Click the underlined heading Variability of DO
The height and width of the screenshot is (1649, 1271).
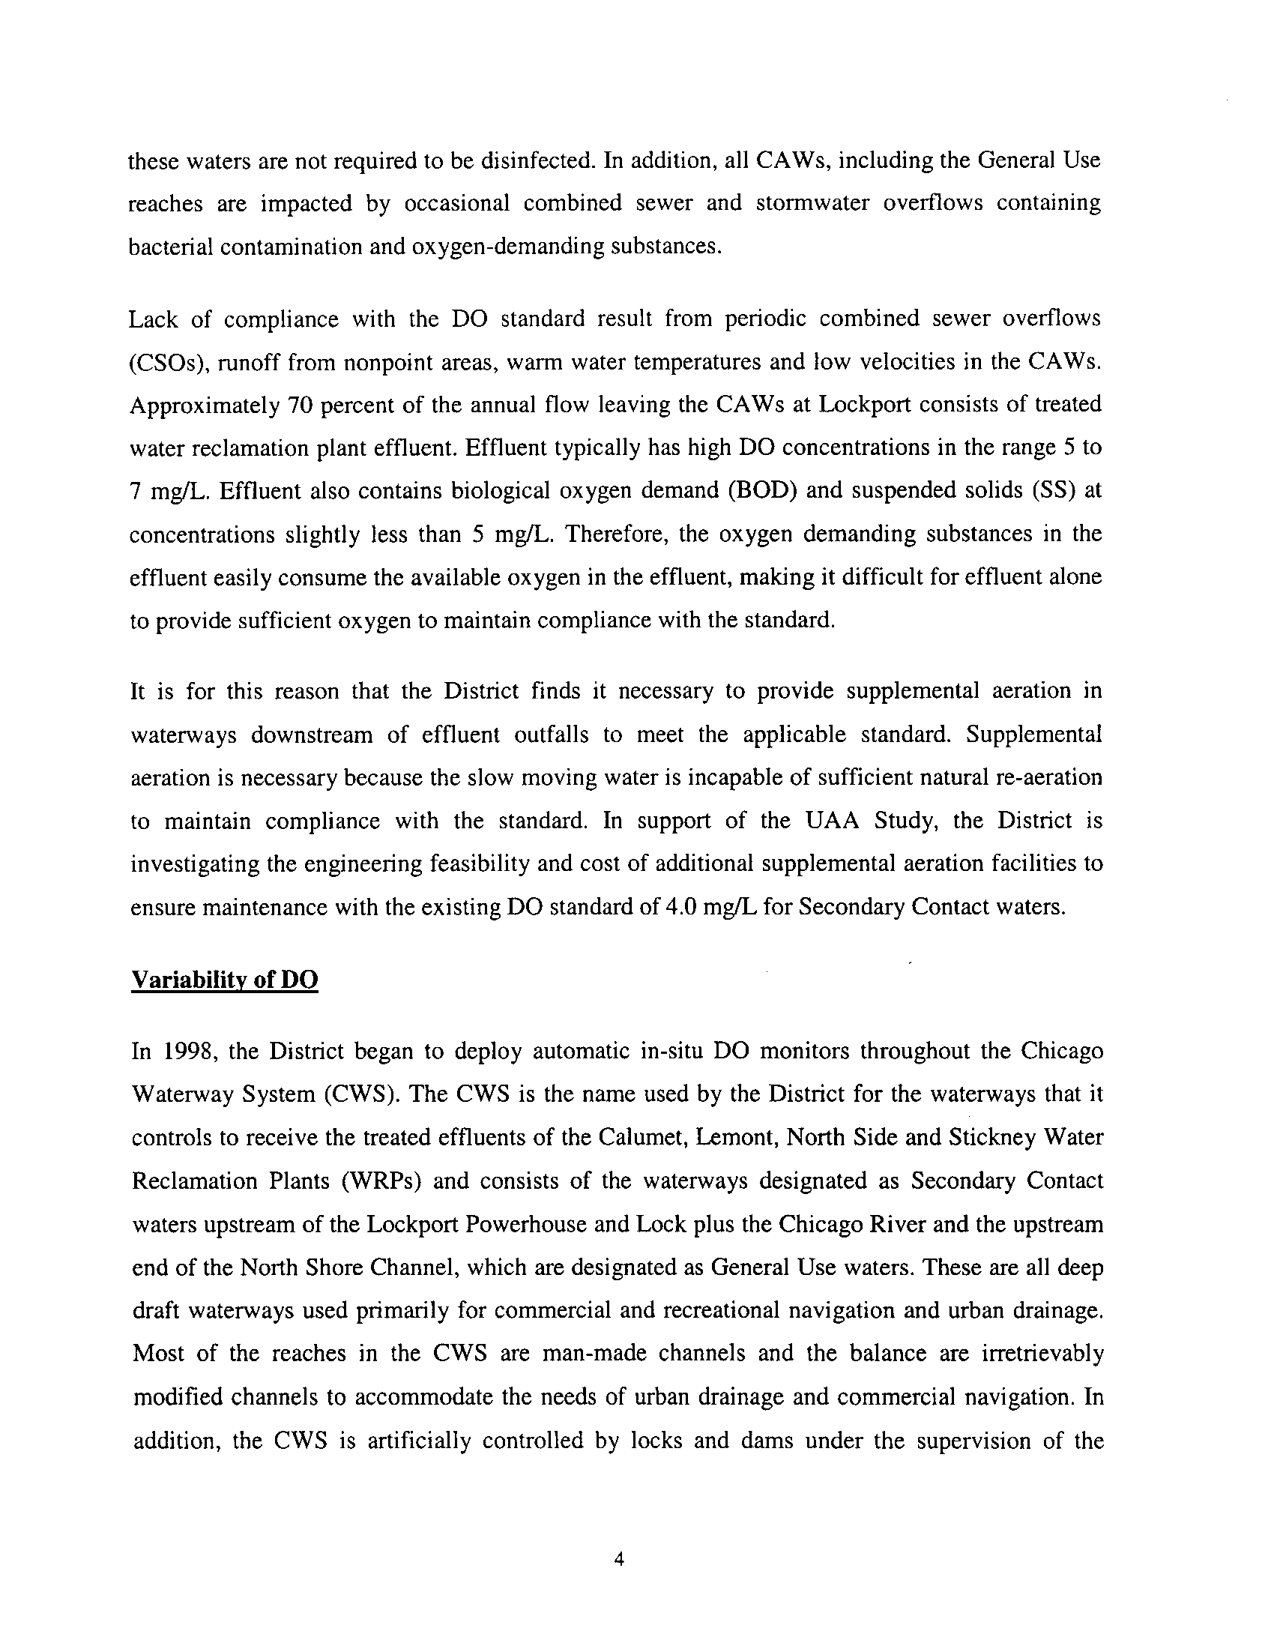[x=224, y=980]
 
